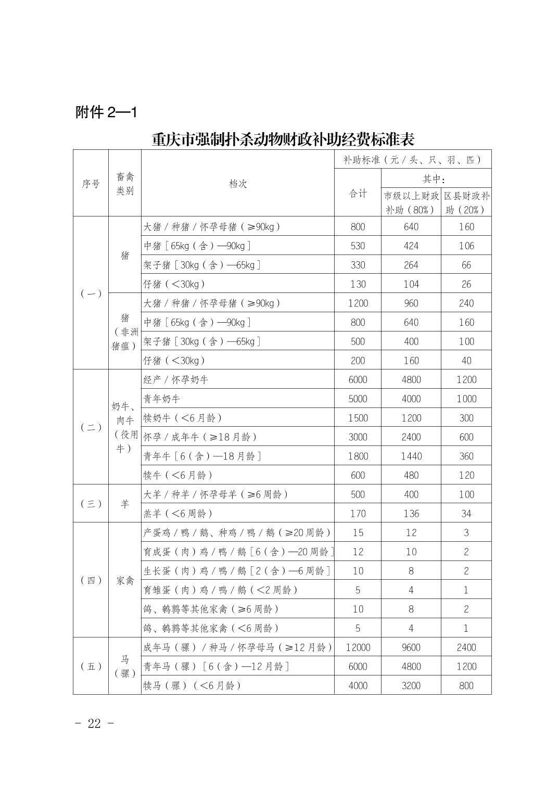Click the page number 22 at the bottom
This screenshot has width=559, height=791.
(x=94, y=723)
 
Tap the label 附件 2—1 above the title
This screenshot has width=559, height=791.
(x=106, y=112)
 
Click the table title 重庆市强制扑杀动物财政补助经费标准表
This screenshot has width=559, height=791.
(x=283, y=139)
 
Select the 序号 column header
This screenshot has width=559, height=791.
(x=91, y=184)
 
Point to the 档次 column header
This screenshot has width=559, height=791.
(x=238, y=184)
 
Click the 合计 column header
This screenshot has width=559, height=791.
(x=358, y=194)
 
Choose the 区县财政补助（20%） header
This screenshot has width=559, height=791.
(x=466, y=203)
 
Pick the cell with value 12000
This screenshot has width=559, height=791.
(x=358, y=647)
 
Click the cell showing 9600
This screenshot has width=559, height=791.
(x=411, y=647)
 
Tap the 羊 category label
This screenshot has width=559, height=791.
(x=125, y=504)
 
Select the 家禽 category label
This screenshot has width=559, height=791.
(x=125, y=580)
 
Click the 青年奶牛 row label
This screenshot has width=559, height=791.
(x=162, y=399)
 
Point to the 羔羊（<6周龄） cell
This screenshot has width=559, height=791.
(x=179, y=514)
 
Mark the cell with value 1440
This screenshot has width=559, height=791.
(x=411, y=456)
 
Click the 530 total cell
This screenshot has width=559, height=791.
(x=358, y=246)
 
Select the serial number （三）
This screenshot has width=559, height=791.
(x=91, y=504)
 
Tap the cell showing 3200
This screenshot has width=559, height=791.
(x=411, y=685)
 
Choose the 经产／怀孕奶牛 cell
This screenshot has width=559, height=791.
(x=176, y=380)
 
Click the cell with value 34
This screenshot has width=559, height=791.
(x=466, y=514)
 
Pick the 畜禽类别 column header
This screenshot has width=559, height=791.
(x=125, y=184)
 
